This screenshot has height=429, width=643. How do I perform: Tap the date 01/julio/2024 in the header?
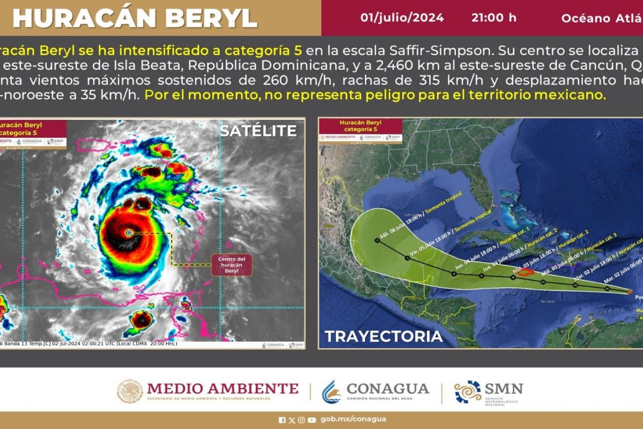[x=402, y=18]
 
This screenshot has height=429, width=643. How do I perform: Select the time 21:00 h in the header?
[x=494, y=18]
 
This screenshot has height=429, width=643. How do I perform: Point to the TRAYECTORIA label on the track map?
[x=384, y=336]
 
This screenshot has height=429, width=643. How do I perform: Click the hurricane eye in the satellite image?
[x=129, y=233]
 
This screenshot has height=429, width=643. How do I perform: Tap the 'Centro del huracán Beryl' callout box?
[x=231, y=265]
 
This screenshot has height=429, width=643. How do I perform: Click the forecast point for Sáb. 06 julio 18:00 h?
[x=377, y=241]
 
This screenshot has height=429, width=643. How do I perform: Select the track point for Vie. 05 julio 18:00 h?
[x=408, y=258]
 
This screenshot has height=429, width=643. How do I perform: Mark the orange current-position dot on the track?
[x=630, y=292]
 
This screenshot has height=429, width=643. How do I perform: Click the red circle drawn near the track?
[x=526, y=272]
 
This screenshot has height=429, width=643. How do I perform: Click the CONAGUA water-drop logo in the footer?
[x=331, y=392]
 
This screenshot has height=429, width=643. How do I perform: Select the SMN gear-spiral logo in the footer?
[x=468, y=392]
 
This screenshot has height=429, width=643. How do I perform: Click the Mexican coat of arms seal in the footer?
[x=130, y=392]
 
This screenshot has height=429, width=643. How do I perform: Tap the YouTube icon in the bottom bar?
[x=311, y=420]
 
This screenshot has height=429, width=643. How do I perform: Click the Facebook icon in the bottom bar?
[x=282, y=420]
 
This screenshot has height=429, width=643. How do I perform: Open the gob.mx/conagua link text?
[x=353, y=419]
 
